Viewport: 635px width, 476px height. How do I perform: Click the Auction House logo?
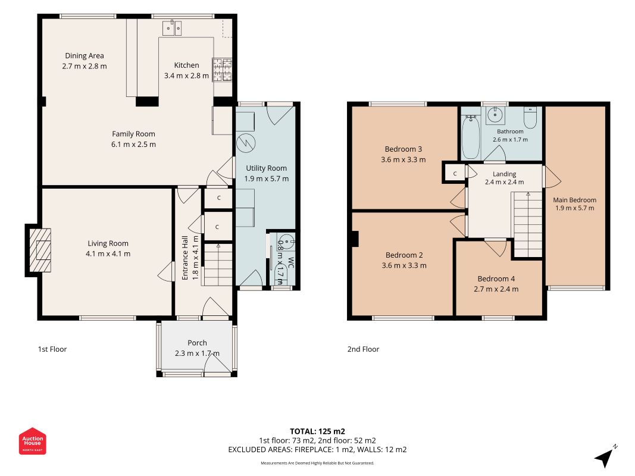32,441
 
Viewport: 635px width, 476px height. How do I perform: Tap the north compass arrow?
604,458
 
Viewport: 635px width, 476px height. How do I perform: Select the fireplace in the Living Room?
40,250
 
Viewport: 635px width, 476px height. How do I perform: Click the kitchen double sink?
172,29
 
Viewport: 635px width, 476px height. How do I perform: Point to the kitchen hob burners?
223,70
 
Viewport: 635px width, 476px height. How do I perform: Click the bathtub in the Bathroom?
471,136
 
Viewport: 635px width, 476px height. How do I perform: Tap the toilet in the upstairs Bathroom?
530,117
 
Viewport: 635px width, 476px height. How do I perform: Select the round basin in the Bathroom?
495,115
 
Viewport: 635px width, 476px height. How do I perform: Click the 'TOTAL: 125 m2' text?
318,431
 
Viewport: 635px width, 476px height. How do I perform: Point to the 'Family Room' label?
134,134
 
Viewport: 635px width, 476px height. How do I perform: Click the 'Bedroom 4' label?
496,279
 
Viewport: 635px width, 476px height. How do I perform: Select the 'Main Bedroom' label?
575,200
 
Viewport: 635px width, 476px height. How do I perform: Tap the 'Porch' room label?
197,343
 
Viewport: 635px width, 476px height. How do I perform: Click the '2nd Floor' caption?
363,349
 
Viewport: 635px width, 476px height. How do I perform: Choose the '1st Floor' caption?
52,349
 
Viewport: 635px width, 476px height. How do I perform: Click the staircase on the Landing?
528,224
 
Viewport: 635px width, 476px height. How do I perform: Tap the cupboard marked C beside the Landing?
455,173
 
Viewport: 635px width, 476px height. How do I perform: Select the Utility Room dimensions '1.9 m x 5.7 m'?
267,179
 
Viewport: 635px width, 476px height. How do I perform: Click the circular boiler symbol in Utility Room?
246,142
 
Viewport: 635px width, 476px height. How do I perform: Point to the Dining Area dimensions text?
85,67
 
